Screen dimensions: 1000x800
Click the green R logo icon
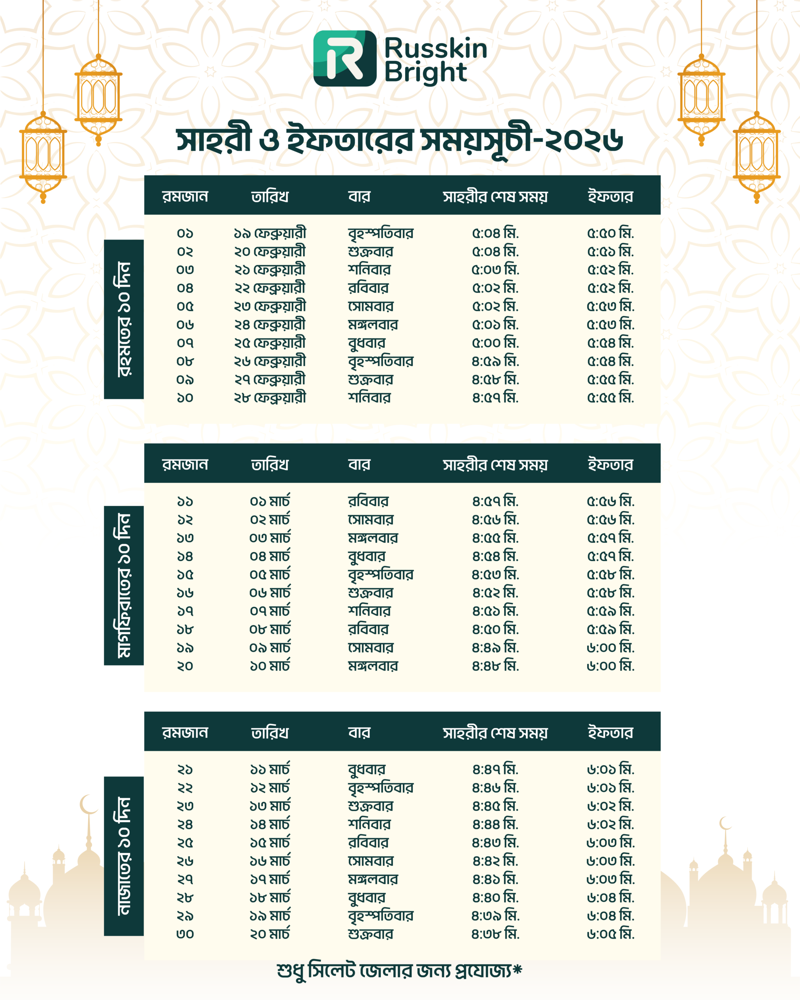[x=345, y=59]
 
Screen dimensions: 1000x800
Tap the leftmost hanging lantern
[x=43, y=155]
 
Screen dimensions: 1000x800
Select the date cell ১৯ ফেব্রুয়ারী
[x=270, y=233]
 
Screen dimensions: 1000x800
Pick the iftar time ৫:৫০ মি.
[x=610, y=233]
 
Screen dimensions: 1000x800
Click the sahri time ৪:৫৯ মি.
[x=495, y=361]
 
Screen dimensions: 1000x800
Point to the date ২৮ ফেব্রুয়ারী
[x=270, y=398]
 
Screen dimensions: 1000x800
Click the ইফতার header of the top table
[x=610, y=196]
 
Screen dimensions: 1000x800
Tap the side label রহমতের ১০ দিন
[x=124, y=319]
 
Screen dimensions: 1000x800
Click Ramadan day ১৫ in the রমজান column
[x=185, y=575]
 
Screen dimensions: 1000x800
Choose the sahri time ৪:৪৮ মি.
[x=495, y=666]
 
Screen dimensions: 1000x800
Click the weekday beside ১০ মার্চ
[x=373, y=666]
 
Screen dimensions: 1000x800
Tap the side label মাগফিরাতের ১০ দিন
[x=124, y=585]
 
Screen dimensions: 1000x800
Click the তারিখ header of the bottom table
[x=270, y=733]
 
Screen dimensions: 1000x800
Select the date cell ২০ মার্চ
[x=270, y=934]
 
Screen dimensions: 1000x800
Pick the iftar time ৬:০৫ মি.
[x=610, y=934]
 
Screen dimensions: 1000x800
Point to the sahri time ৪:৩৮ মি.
[x=495, y=934]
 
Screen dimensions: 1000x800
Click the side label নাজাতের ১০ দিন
[x=124, y=856]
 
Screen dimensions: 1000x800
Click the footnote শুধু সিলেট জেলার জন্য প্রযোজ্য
[x=399, y=970]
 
